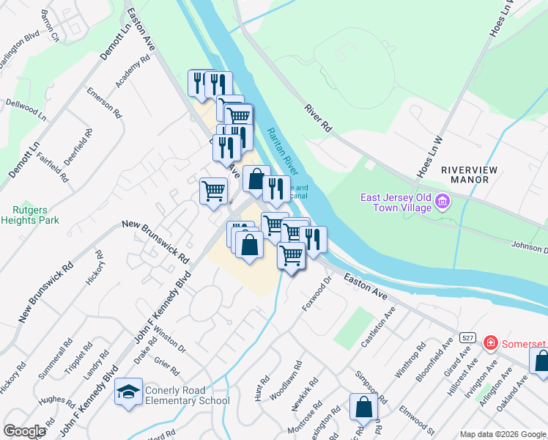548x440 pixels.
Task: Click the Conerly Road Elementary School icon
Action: [x=128, y=393]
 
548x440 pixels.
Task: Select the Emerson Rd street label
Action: [x=104, y=103]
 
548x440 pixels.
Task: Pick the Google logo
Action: [x=24, y=431]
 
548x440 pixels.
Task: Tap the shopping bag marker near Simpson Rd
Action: [x=363, y=408]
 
